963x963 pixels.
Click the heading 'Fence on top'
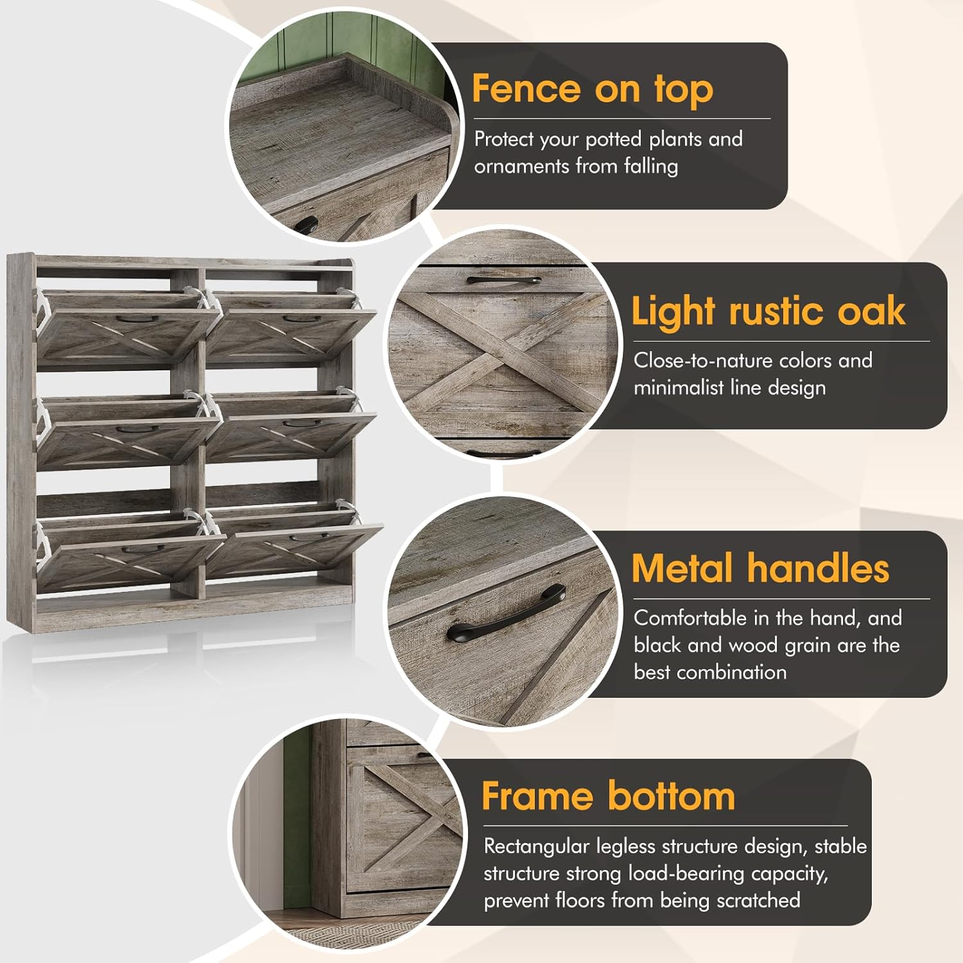click(593, 89)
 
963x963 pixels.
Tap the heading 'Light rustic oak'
click(768, 311)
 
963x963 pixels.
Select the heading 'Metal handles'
click(760, 568)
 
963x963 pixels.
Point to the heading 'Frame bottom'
click(608, 796)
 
